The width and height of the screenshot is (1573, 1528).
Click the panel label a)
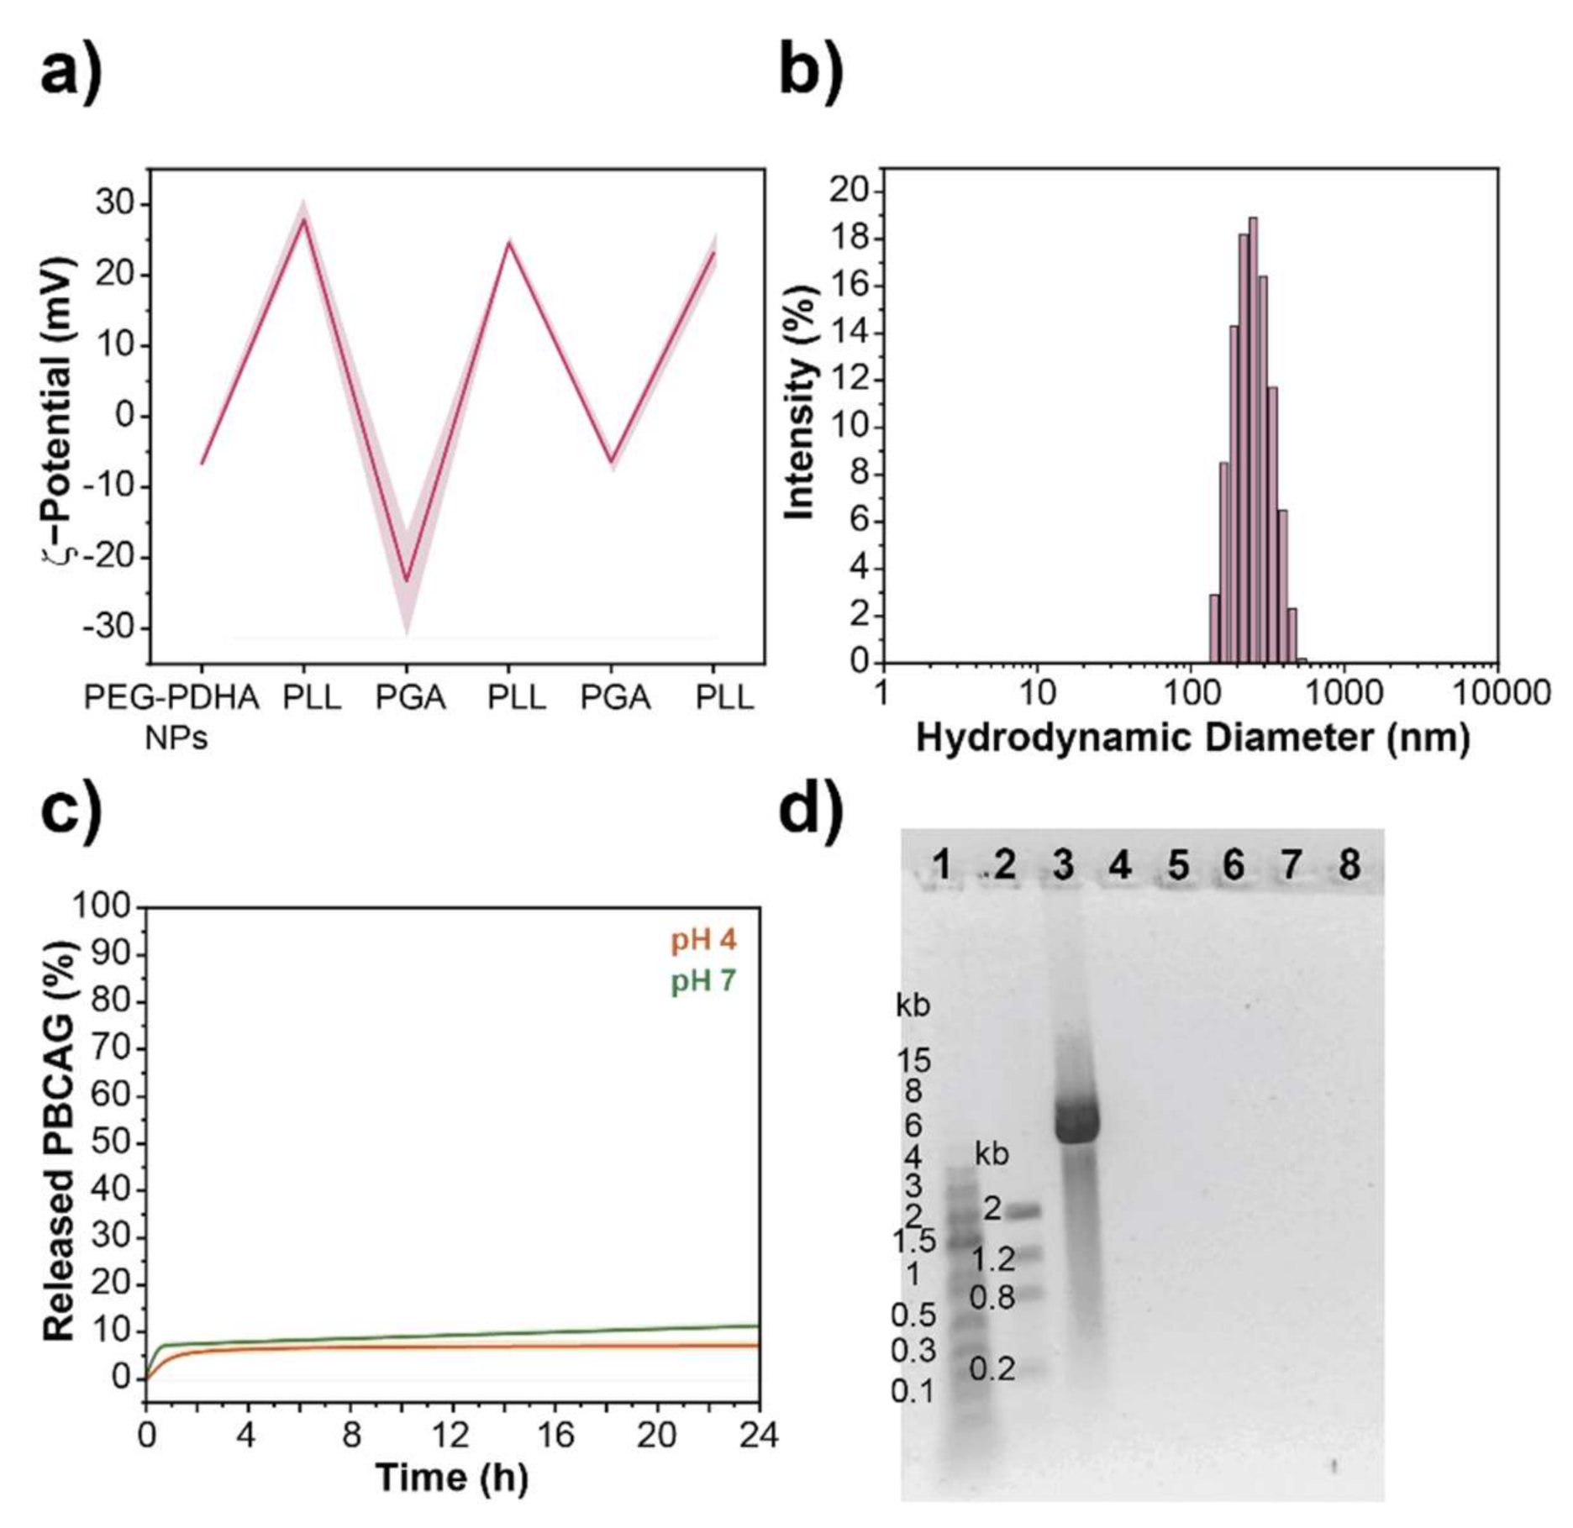pos(71,72)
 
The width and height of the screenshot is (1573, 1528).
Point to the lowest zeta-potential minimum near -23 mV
pos(407,580)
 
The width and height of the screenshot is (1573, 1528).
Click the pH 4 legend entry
pos(702,940)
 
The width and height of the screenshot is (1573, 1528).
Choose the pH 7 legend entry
pos(702,980)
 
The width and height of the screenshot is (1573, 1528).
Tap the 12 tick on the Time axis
pos(452,1435)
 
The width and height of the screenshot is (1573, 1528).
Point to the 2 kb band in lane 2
pos(1023,1210)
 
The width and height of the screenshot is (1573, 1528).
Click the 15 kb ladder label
pos(913,1061)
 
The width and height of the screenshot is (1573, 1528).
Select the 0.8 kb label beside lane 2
pos(992,1298)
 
